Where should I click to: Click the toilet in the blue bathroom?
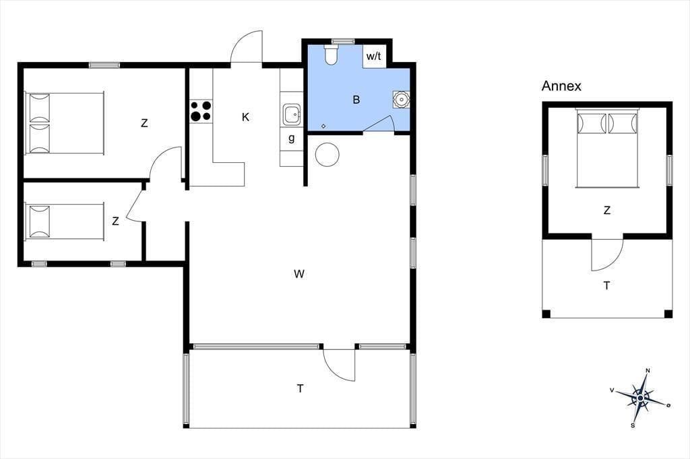click(x=330, y=55)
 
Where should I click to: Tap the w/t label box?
click(x=374, y=57)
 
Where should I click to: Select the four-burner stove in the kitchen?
click(x=201, y=111)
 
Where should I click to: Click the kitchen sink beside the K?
click(x=292, y=114)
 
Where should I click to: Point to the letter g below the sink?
click(x=291, y=139)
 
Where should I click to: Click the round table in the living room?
click(x=327, y=155)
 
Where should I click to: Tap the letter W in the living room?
click(x=299, y=275)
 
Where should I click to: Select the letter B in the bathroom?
click(x=356, y=100)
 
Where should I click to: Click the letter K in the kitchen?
click(x=245, y=117)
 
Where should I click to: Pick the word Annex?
click(x=561, y=85)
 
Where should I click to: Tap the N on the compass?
click(x=648, y=371)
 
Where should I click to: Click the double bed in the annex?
click(x=607, y=148)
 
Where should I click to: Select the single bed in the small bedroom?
click(x=65, y=222)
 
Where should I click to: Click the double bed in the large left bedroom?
click(x=65, y=123)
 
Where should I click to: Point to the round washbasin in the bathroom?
click(x=401, y=100)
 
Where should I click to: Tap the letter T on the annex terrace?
click(x=607, y=286)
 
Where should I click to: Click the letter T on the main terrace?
click(x=300, y=388)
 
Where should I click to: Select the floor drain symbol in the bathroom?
click(x=323, y=126)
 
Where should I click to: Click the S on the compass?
click(x=633, y=425)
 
